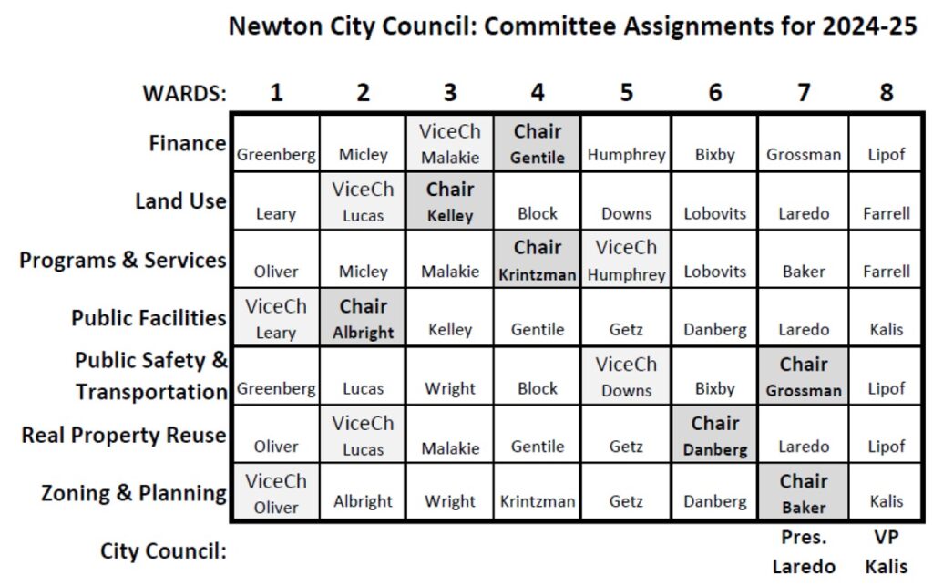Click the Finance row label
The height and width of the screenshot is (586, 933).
click(x=187, y=144)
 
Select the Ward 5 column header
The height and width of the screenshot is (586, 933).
click(x=626, y=93)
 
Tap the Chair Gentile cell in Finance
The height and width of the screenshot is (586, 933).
click(x=537, y=144)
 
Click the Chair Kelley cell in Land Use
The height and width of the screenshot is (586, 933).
click(x=450, y=201)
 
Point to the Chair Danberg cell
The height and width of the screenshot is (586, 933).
click(x=714, y=436)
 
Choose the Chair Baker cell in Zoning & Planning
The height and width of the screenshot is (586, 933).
click(x=803, y=493)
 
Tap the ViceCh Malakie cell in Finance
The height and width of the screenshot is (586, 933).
click(x=450, y=144)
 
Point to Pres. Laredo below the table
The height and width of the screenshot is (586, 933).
click(x=803, y=552)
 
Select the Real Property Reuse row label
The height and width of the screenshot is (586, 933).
click(x=124, y=435)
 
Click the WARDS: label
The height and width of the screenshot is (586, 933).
click(x=184, y=93)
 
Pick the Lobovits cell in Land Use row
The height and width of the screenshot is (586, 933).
click(x=714, y=213)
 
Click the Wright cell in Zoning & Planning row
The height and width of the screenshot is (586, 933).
click(x=450, y=501)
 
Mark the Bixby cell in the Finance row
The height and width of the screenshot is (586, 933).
click(x=714, y=155)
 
